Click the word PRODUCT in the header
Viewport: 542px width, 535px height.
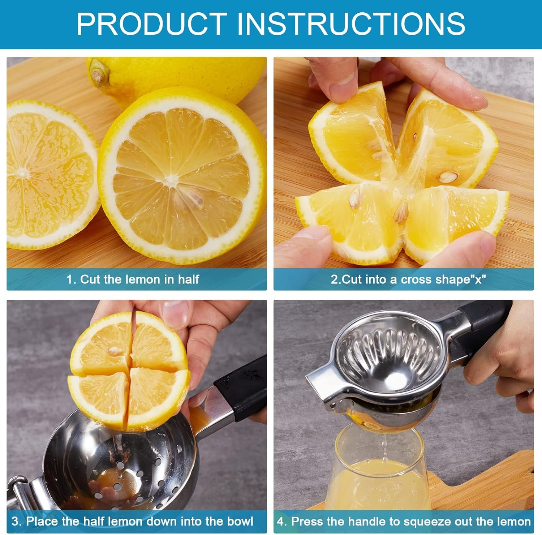(152, 23)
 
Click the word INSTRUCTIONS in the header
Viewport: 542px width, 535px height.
(350, 23)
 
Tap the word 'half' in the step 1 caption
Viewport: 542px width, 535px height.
(188, 279)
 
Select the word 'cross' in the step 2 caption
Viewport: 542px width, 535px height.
(417, 279)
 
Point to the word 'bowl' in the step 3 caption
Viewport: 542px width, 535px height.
(240, 521)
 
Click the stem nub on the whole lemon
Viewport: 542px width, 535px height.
(97, 74)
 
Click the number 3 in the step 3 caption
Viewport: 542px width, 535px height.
(15, 521)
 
